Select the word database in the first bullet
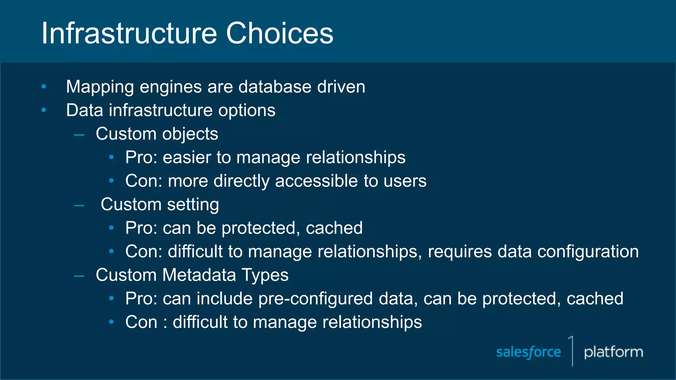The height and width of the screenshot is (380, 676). tap(275, 87)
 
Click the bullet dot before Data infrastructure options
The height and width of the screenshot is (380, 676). tap(44, 110)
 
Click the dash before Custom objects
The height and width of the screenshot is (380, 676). tap(79, 135)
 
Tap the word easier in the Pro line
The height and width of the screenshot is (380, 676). tap(186, 157)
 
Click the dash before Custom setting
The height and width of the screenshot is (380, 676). tap(79, 206)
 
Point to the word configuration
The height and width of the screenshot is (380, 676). tap(588, 252)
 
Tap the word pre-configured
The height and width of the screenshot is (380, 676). tap(315, 299)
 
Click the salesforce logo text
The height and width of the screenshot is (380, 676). tap(528, 352)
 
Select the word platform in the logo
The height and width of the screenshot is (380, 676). tap(613, 352)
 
